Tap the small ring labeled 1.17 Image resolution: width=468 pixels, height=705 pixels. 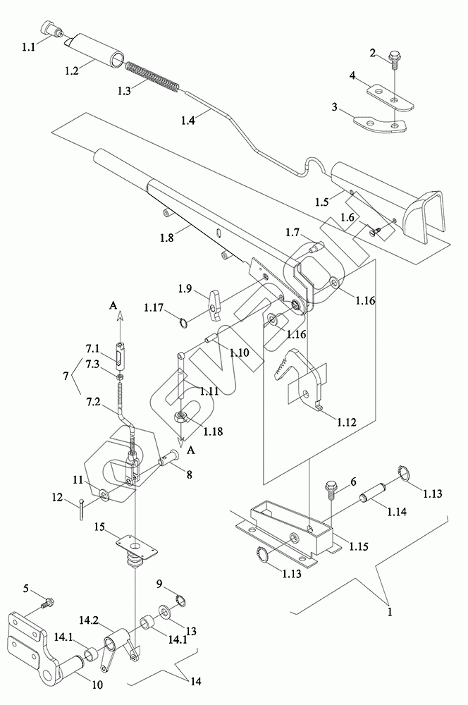[x=184, y=322]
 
